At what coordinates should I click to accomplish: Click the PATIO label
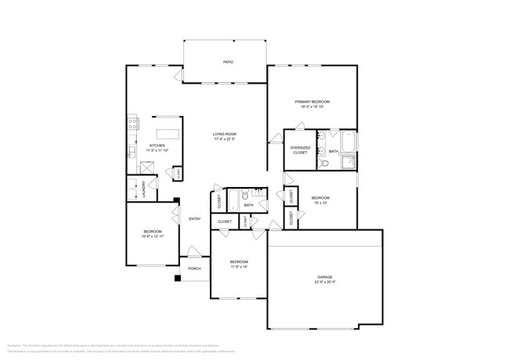point(228,62)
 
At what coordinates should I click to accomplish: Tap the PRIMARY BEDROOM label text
point(312,103)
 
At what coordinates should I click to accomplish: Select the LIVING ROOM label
point(225,134)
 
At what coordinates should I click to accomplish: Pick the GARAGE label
point(325,276)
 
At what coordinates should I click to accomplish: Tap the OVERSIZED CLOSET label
point(299,150)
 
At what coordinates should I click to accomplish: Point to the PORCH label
point(194,268)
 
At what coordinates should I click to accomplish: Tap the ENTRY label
point(195,218)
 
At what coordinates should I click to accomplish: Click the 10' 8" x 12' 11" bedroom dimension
point(152,236)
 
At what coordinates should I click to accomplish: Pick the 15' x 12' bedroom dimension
point(319,203)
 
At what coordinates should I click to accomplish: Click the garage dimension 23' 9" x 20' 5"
point(325,282)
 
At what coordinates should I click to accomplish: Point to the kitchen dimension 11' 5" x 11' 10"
point(157,150)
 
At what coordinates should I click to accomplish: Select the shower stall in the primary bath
point(348,162)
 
